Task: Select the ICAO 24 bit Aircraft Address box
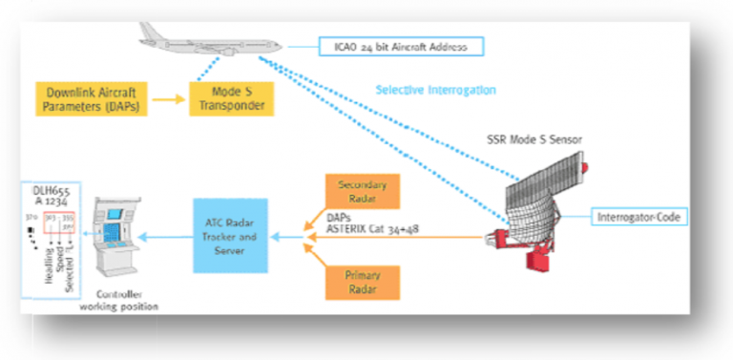click(x=400, y=46)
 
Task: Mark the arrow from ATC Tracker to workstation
click(x=166, y=240)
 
